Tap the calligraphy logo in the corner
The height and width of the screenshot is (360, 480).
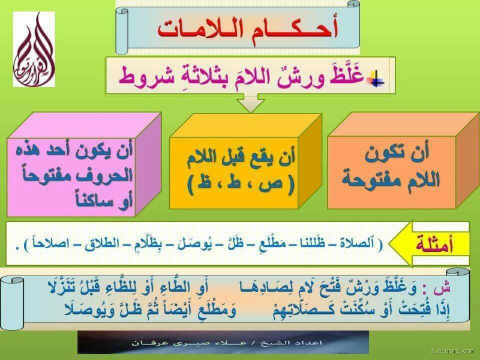point(34,49)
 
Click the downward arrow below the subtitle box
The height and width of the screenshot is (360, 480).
point(251,104)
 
